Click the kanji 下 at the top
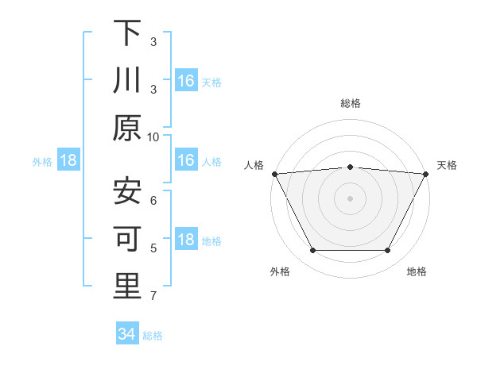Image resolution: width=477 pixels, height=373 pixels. tap(127, 33)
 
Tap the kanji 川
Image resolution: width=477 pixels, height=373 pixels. tap(127, 80)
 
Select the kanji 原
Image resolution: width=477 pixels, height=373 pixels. tap(127, 128)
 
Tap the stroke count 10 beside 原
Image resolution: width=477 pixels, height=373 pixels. tap(153, 137)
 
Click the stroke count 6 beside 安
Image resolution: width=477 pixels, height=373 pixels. tap(153, 201)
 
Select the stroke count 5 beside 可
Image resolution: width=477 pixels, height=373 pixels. tap(153, 248)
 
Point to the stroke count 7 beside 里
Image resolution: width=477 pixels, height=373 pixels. tap(153, 296)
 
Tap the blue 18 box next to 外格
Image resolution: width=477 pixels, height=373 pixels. tap(68, 161)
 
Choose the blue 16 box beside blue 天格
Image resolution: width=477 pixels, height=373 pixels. tap(186, 80)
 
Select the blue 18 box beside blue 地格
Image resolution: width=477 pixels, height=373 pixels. tap(186, 240)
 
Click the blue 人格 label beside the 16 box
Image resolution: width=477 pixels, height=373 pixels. tap(211, 162)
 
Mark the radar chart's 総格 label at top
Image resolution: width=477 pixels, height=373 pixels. tap(350, 103)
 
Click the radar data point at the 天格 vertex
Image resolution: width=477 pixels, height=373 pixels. tap(426, 173)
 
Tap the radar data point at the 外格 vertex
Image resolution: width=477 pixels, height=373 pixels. tap(312, 251)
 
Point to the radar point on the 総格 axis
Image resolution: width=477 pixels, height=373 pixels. tap(350, 167)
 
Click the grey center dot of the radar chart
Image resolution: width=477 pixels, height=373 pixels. tap(350, 198)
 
